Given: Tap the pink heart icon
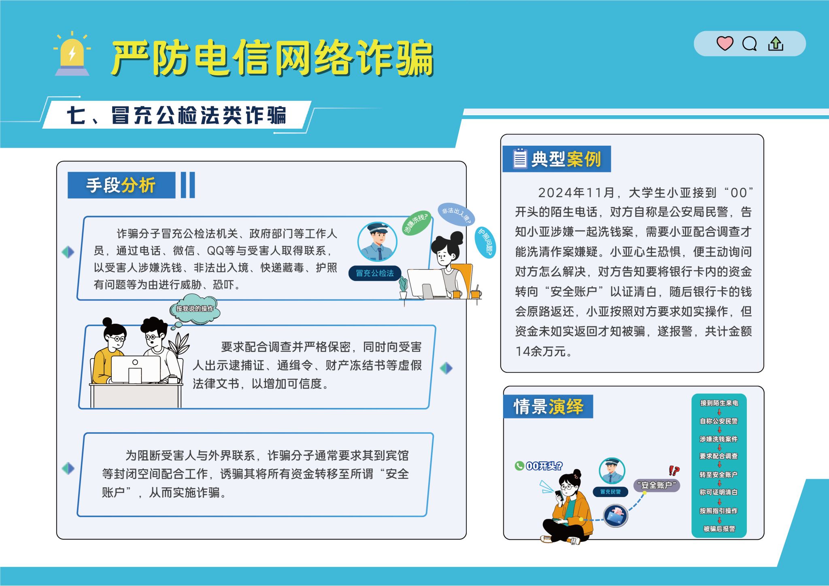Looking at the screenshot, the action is tap(725, 43).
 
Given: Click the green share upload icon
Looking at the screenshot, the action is tap(776, 43).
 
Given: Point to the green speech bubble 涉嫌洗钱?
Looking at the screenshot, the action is tap(416, 223).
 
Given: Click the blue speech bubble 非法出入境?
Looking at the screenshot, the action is tap(456, 214).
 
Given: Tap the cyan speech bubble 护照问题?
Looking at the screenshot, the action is tap(485, 242).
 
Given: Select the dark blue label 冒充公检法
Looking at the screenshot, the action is tap(375, 273).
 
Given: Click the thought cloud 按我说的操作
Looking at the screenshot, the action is tap(195, 309).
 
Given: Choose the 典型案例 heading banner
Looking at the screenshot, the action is tap(557, 159).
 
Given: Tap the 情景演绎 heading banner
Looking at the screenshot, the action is tap(548, 406).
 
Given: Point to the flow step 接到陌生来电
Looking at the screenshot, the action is tap(719, 403).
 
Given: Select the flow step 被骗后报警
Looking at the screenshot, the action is tap(719, 529).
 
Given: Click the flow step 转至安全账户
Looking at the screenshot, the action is tap(719, 475).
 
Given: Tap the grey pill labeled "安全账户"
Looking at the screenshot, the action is tap(657, 485).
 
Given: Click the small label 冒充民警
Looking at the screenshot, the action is tap(610, 492).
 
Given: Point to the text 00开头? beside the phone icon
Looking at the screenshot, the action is tap(544, 466).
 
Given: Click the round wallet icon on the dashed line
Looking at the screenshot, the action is tap(615, 516).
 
